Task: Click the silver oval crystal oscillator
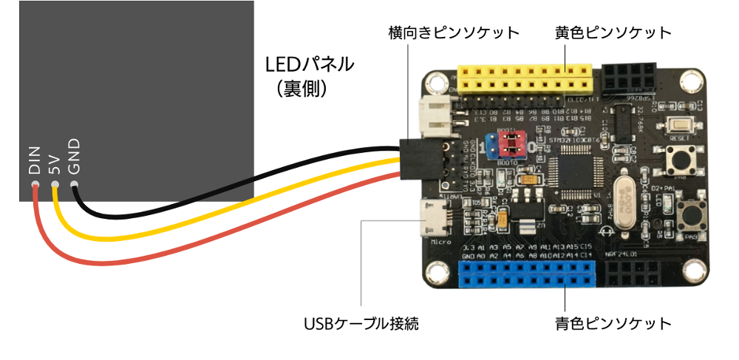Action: (622, 196)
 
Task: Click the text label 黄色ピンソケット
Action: (613, 33)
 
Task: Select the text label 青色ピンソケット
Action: (613, 324)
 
